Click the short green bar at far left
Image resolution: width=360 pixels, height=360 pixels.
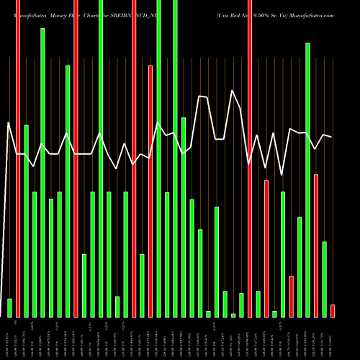click(9, 307)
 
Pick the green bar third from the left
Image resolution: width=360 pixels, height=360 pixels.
click(27, 220)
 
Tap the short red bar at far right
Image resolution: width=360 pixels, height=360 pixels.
click(333, 310)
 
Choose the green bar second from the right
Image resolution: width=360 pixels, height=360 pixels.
click(325, 279)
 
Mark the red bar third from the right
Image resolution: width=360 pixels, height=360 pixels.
click(316, 245)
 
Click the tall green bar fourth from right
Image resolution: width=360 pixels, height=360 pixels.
click(307, 180)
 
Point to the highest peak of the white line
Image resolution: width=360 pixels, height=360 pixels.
click(232, 91)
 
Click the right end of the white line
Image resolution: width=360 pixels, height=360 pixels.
click(332, 137)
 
